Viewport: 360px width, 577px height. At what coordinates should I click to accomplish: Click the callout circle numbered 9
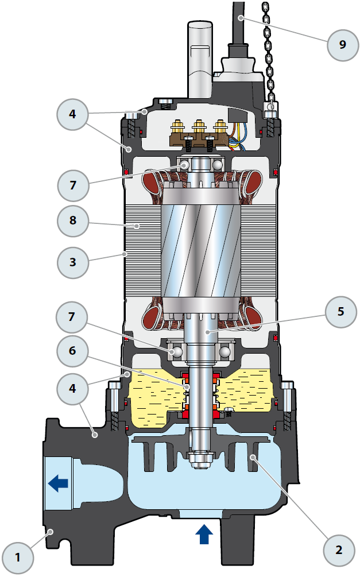[343, 44]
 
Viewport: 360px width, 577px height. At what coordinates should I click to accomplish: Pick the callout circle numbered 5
[340, 311]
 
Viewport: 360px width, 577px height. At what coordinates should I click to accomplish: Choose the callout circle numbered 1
[18, 556]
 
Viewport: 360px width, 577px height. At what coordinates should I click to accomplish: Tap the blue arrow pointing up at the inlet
[204, 535]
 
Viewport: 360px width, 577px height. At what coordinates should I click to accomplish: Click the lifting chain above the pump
[268, 46]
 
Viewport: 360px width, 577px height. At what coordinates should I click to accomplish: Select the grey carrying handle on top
[200, 52]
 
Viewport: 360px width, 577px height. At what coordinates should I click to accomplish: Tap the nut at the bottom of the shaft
[201, 459]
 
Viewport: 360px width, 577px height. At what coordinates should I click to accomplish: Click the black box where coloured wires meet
[237, 115]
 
